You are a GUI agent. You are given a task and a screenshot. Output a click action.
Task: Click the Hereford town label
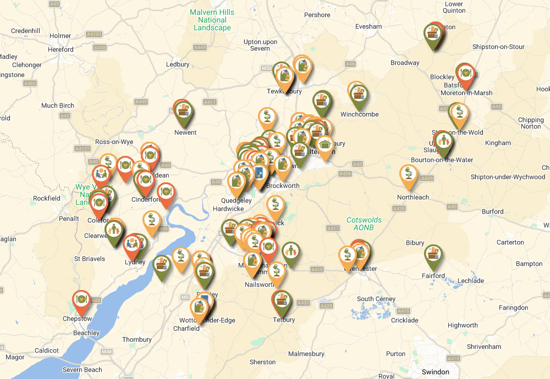[61, 49]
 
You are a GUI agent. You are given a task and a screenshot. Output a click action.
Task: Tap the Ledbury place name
[178, 64]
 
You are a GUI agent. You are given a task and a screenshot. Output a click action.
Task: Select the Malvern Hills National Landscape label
[212, 20]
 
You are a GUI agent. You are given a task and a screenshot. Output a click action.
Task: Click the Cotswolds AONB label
[364, 224]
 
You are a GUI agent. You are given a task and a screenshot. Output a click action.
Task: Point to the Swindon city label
[435, 372]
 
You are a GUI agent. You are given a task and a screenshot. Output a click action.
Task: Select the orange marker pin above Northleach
[408, 175]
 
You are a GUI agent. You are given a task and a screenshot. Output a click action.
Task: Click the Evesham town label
[369, 26]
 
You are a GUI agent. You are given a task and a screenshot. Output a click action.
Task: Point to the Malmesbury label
[305, 353]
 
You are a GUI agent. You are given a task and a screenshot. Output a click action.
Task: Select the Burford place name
[492, 211]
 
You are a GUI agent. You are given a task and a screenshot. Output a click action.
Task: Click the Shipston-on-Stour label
[498, 47]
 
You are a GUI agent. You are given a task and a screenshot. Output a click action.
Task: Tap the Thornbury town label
[136, 339]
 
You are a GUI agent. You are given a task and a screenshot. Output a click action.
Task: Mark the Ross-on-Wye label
[114, 142]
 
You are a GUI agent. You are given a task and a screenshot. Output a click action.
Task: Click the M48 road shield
[107, 352]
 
